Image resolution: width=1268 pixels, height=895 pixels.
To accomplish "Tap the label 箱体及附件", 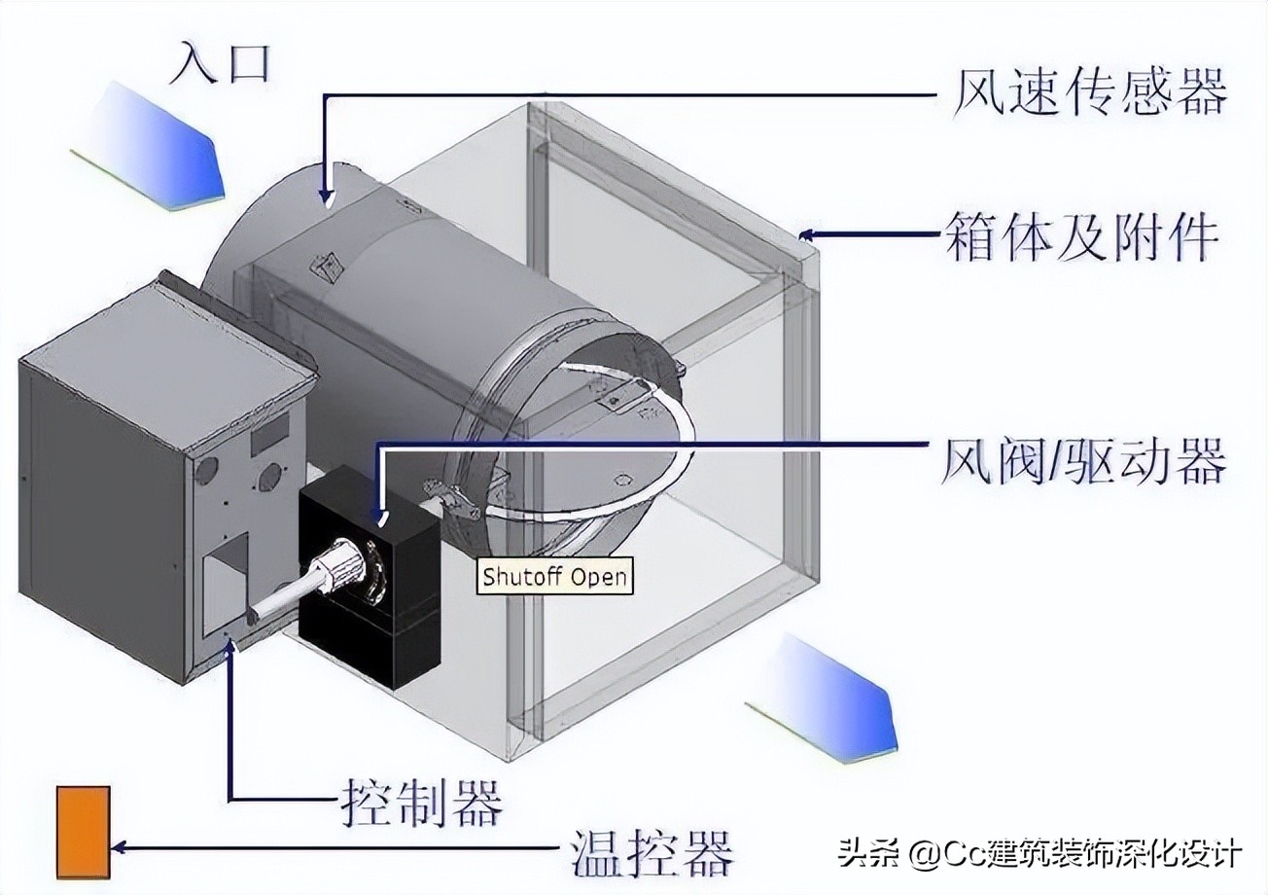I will (x=1079, y=236).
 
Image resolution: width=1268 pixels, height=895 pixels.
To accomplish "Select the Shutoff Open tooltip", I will (x=555, y=577).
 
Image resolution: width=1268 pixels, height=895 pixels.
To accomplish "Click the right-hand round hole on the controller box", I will (x=270, y=476).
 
